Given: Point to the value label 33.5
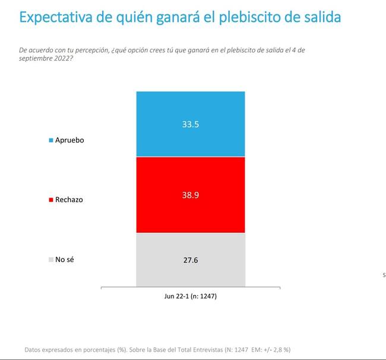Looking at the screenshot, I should coord(191,125).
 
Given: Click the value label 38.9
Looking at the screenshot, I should coord(191,195).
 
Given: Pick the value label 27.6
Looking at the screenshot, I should coord(191,260).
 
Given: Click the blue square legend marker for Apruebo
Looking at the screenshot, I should coord(51,140).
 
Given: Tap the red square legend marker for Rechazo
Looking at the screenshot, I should coord(51,200).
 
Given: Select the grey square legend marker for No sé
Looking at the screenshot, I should coord(51,259).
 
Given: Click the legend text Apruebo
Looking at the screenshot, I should coord(70,140).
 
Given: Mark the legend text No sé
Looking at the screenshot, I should coord(65,259).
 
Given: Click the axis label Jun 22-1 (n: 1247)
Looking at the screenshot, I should coord(190,296).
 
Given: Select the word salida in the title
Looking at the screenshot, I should coord(321,17).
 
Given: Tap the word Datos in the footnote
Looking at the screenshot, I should coord(34,349).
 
